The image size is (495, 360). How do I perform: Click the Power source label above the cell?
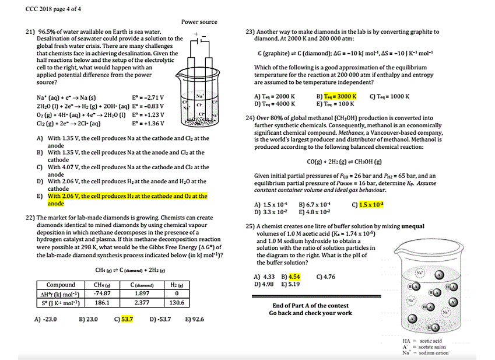coord(199,22)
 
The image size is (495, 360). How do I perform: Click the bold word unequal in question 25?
coord(411,226)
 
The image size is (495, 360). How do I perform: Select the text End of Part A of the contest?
coord(310,306)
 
